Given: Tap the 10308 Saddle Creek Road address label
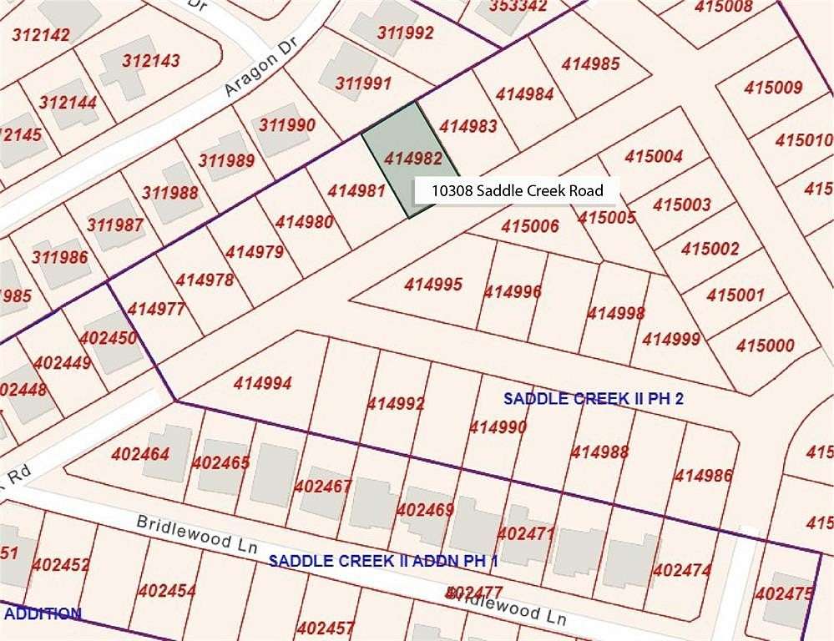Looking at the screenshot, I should pyautogui.click(x=517, y=190).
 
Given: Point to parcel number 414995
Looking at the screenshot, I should pyautogui.click(x=433, y=285).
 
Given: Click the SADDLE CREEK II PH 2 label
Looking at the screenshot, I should pyautogui.click(x=594, y=399).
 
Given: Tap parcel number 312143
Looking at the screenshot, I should pyautogui.click(x=150, y=61).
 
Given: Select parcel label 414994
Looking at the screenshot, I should pyautogui.click(x=263, y=384).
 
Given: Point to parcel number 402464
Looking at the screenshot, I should pyautogui.click(x=140, y=455).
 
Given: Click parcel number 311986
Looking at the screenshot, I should pyautogui.click(x=60, y=256).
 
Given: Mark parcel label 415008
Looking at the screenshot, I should pyautogui.click(x=723, y=7).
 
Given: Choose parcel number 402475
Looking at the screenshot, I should pyautogui.click(x=782, y=594).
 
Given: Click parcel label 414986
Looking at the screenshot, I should pyautogui.click(x=703, y=476).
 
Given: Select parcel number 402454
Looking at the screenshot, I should pyautogui.click(x=167, y=591).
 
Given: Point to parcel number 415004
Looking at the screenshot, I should pyautogui.click(x=654, y=156).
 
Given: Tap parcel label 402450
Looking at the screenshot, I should pyautogui.click(x=109, y=338).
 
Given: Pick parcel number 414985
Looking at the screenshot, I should pyautogui.click(x=590, y=63).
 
